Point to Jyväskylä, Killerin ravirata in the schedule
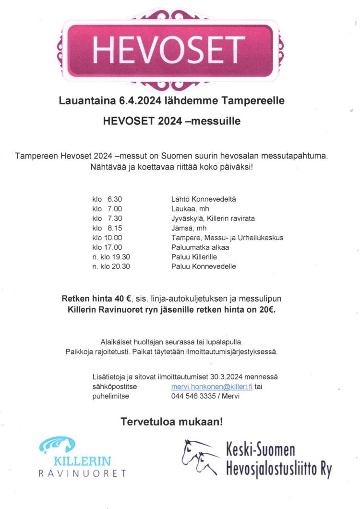(213, 218)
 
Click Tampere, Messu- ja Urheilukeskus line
(227, 237)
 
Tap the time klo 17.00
(107, 247)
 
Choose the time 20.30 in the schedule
(120, 266)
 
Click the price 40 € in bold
(122, 298)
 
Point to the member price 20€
(266, 310)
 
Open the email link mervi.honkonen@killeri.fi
(212, 387)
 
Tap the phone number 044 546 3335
(193, 396)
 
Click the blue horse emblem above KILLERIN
(58, 445)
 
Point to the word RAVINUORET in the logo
(82, 473)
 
